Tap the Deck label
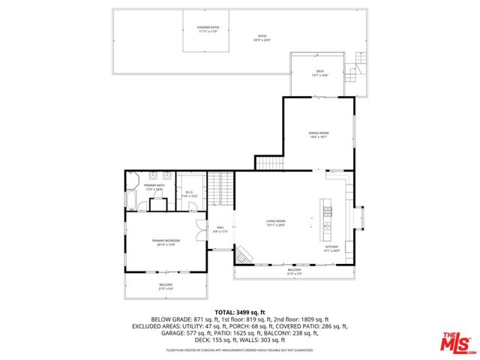[x=320, y=73]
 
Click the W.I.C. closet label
[x=190, y=194]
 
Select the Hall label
[x=220, y=229]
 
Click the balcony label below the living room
[x=294, y=272]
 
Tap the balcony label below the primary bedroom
[x=166, y=286]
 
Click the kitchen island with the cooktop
[x=327, y=215]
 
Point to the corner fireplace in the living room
[x=242, y=257]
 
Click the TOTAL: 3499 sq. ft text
[x=240, y=311]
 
